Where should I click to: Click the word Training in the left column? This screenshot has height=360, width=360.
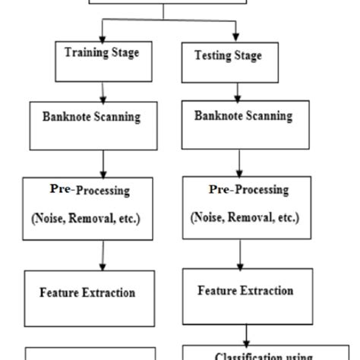pyautogui.click(x=85, y=53)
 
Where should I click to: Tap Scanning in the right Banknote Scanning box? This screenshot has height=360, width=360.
pyautogui.click(x=262, y=116)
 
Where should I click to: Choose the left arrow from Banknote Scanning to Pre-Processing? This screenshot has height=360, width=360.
pyautogui.click(x=103, y=163)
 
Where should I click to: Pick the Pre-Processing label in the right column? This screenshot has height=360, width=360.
pyautogui.click(x=248, y=189)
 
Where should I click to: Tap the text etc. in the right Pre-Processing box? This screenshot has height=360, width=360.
pyautogui.click(x=286, y=217)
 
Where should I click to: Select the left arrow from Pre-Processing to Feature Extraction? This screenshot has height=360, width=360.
pyautogui.click(x=103, y=256)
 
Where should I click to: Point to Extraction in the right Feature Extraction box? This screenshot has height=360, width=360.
pyautogui.click(x=265, y=290)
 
